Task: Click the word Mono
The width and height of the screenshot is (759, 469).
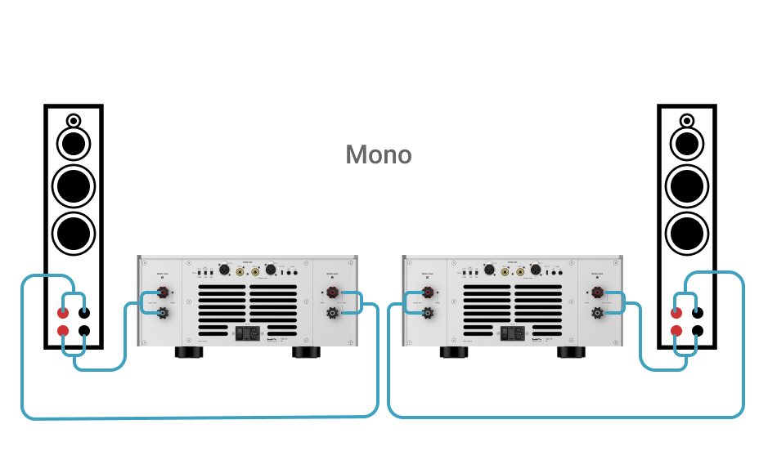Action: (x=379, y=154)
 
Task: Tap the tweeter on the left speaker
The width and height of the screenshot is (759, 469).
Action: (x=73, y=120)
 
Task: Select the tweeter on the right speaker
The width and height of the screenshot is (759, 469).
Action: (x=687, y=120)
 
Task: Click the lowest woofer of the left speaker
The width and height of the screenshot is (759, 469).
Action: (x=73, y=232)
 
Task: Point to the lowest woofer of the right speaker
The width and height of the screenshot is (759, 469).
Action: (x=687, y=232)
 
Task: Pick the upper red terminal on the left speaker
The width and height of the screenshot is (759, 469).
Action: (x=63, y=312)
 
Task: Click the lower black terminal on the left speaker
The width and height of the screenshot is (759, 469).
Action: (x=83, y=331)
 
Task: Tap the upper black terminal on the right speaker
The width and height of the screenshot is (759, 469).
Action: (x=697, y=312)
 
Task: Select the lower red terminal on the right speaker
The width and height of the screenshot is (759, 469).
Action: (x=676, y=331)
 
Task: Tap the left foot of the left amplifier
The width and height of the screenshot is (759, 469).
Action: (x=188, y=353)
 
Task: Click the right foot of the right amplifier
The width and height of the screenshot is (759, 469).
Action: (x=571, y=353)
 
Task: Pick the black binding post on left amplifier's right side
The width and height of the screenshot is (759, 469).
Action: (x=333, y=311)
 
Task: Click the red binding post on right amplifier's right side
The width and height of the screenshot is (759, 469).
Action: (x=598, y=292)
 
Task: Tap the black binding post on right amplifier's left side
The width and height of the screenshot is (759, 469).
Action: (x=426, y=311)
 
